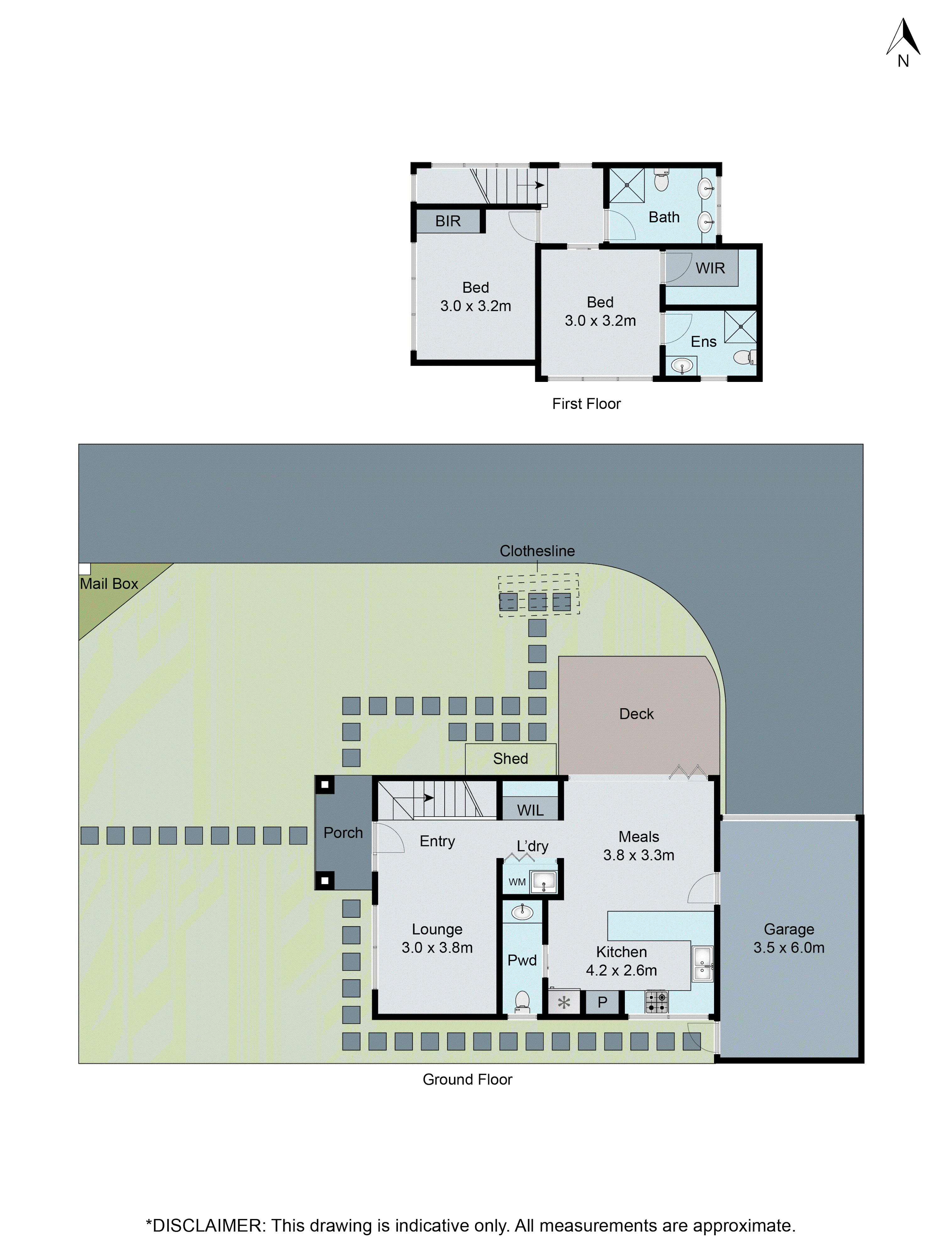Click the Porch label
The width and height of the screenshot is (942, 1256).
point(343,832)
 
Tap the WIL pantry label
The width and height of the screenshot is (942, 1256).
point(530,810)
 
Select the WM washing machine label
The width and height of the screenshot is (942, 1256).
point(517,882)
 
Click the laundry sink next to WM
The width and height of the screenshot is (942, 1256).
point(544,882)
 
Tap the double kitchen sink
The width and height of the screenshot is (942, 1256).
point(702,963)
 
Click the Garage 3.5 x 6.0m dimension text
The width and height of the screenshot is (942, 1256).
point(789,947)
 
